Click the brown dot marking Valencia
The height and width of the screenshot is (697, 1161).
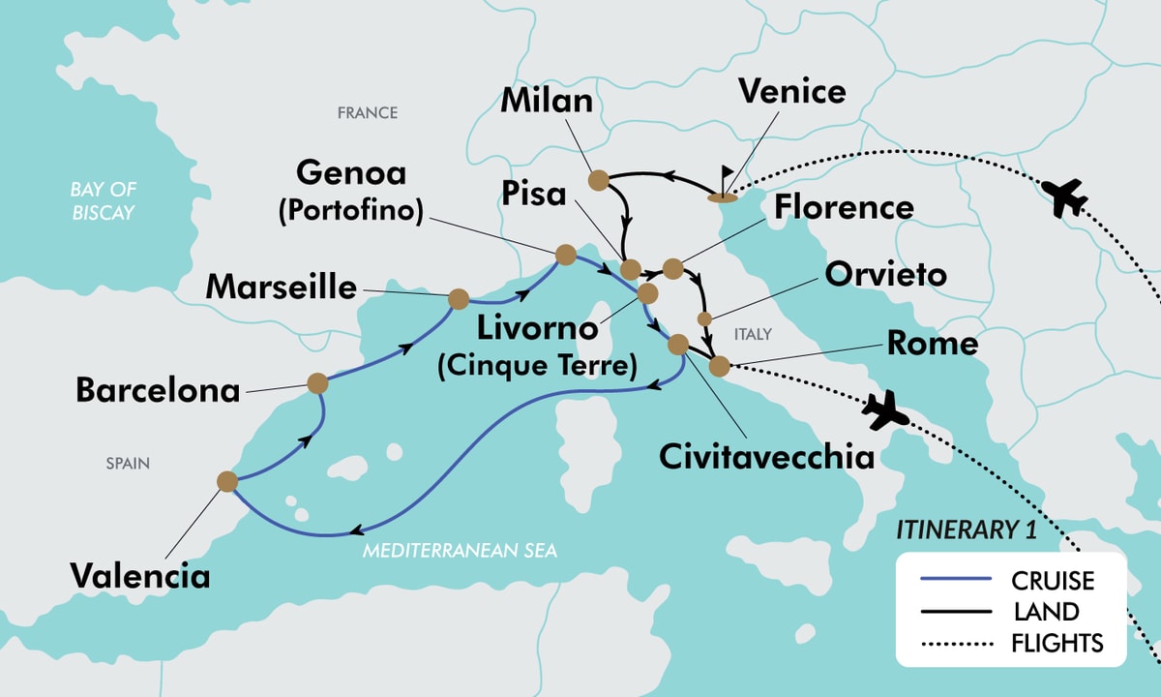click(227, 481)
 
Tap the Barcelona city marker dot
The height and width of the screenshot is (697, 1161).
click(317, 383)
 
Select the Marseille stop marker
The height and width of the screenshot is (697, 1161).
click(458, 299)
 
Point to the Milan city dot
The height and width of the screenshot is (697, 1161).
click(598, 180)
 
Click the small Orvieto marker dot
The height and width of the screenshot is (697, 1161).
click(704, 318)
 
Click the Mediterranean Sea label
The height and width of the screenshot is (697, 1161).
click(461, 551)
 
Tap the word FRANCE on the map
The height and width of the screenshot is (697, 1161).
click(367, 113)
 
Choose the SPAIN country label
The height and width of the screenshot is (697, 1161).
click(128, 464)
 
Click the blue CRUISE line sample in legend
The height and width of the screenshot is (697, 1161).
click(953, 580)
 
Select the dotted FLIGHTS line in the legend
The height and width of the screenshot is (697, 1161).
click(953, 643)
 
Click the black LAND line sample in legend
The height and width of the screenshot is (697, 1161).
click(953, 612)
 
